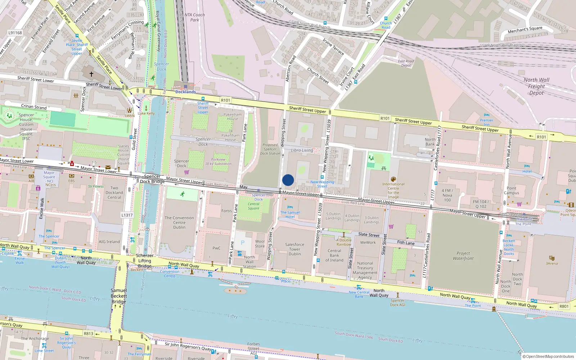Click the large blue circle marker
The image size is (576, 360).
coord(288,180)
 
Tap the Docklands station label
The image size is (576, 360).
coord(185,92)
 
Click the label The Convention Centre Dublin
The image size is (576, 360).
coord(179,222)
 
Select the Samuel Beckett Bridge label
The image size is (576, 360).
coord(119,296)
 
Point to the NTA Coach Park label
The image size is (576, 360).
coord(194,17)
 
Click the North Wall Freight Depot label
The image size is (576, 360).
coord(536,86)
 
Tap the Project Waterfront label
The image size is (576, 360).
coord(463,256)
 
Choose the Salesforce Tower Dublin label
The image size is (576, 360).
coord(294,249)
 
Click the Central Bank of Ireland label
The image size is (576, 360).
coord(334,255)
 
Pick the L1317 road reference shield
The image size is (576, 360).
coord(127,215)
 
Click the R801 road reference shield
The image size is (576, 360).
coord(564,306)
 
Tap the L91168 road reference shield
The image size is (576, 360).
coord(15,33)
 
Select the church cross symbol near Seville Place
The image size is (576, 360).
coord(91,74)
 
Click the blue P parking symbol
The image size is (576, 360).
coord(243,243)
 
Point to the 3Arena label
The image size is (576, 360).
coord(552,263)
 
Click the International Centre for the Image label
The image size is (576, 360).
coord(393,190)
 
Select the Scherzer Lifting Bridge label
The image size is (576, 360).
coord(145,261)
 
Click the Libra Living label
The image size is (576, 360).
coord(302,150)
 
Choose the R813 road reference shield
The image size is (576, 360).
coord(89,333)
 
